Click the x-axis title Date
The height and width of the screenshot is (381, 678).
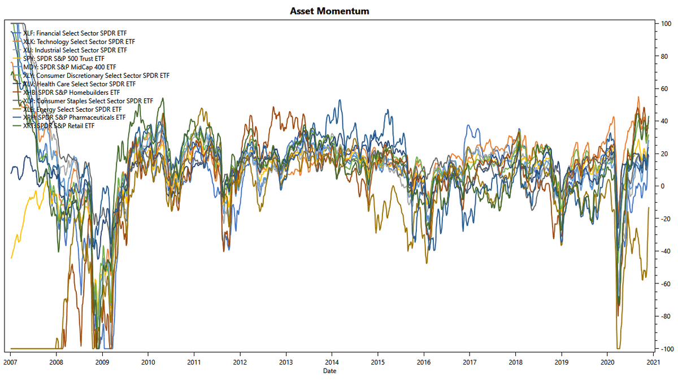click(x=330, y=371)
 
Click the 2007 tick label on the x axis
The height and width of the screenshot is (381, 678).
click(x=11, y=362)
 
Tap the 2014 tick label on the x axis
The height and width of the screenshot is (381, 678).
click(x=332, y=362)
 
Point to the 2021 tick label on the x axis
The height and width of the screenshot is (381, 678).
click(x=653, y=362)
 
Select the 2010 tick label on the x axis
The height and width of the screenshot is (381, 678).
click(x=148, y=362)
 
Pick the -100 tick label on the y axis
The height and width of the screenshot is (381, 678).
click(x=664, y=349)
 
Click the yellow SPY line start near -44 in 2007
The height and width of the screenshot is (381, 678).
click(x=12, y=257)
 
